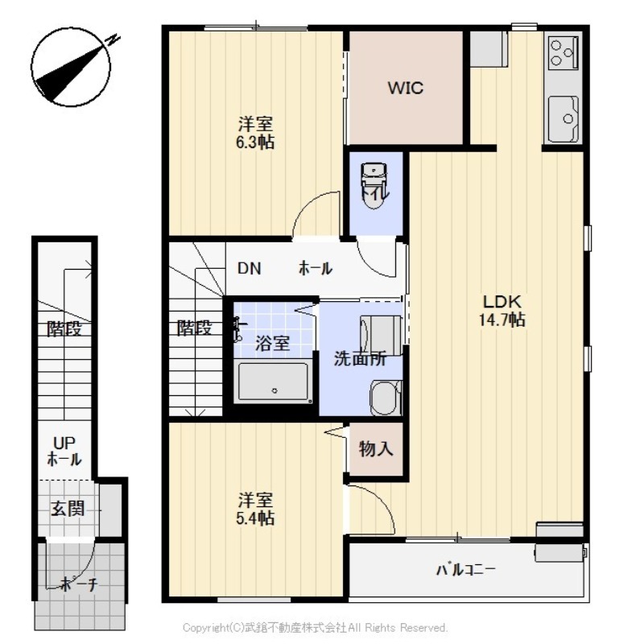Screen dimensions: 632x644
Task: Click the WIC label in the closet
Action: pos(405,88)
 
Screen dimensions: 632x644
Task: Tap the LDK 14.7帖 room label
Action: pos(502,311)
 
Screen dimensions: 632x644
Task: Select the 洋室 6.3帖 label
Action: pos(255,133)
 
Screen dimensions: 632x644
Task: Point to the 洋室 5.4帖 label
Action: pos(255,510)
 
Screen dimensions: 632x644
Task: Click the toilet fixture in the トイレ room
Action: pos(374,186)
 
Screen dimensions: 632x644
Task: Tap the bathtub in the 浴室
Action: pos(274,382)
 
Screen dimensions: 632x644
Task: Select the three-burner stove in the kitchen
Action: pos(564,52)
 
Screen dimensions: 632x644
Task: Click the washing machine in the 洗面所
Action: pos(381,335)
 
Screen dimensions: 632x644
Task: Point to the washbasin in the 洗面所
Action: pos(386,398)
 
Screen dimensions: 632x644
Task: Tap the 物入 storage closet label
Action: pos(375,449)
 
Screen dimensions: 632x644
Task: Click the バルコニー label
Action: pos(465,570)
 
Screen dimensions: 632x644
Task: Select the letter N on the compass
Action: pos(112,39)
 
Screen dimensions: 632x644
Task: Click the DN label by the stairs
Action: pos(250,268)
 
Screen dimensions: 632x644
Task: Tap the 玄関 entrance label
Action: pos(68,509)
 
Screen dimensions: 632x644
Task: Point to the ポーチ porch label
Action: pos(79,584)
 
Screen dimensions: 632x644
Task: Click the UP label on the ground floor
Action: pos(64,444)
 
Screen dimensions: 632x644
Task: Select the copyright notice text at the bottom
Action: pos(315,628)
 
